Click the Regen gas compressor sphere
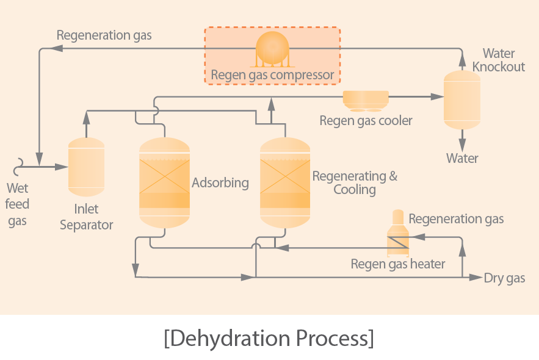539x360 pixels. (x=272, y=49)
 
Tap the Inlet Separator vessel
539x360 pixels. (x=86, y=167)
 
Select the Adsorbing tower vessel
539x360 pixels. (x=165, y=183)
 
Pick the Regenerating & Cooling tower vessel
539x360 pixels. (x=285, y=183)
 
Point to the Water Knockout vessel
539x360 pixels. (x=462, y=100)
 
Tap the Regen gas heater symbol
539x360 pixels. (x=398, y=233)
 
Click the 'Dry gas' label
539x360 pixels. (x=504, y=278)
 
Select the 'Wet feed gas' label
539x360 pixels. (x=17, y=204)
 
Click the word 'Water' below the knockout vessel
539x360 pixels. (x=462, y=159)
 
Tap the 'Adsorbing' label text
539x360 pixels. (x=220, y=183)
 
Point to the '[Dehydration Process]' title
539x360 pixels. (x=269, y=338)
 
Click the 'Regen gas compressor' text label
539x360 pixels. (x=272, y=75)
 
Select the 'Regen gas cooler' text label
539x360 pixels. (x=366, y=121)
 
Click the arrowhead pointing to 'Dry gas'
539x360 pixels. (x=476, y=277)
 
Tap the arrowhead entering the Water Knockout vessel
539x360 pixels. (x=437, y=97)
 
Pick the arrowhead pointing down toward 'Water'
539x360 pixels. (x=462, y=146)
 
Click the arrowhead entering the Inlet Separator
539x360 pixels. (x=62, y=167)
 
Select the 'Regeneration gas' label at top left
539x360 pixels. (x=104, y=35)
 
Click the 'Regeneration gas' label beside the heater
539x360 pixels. (x=456, y=219)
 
